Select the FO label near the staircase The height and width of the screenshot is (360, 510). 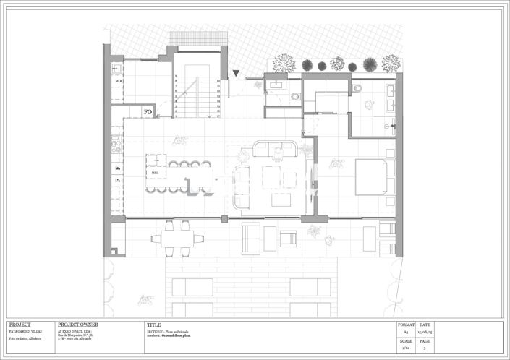[148, 112]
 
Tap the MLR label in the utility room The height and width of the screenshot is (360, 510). [118, 82]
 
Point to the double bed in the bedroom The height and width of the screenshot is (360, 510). [374, 176]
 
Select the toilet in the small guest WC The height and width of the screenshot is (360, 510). [295, 96]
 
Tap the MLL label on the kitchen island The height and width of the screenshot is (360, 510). [155, 173]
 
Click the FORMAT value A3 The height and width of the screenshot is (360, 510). [406, 333]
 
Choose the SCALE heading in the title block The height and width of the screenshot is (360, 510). [406, 341]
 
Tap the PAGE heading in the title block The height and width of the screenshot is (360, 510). [424, 341]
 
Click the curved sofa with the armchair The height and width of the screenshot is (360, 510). [276, 150]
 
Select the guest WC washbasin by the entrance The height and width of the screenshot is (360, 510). [276, 85]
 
